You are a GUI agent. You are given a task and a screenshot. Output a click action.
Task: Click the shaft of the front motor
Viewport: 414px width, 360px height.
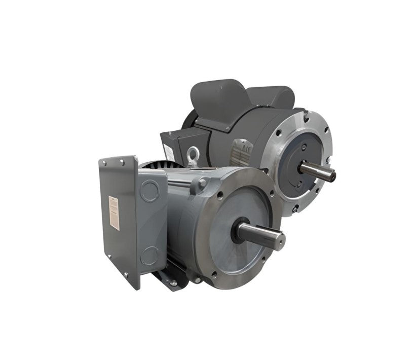click(258, 234)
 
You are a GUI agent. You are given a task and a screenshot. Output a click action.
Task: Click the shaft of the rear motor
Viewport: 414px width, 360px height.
click(316, 171)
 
